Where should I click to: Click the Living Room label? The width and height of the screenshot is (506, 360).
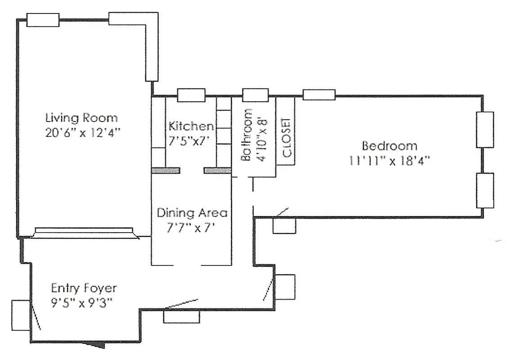(81, 118)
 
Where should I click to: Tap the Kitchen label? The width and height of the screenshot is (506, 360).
(191, 126)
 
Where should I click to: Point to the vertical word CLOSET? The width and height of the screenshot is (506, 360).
(287, 138)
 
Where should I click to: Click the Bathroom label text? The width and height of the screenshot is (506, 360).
(246, 135)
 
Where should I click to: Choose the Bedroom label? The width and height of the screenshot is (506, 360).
(390, 146)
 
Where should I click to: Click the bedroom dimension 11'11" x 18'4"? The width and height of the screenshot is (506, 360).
(390, 161)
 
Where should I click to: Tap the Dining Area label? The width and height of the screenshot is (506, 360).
(192, 213)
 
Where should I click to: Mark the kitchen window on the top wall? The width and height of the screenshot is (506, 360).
(191, 95)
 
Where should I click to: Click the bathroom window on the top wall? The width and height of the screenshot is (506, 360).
(255, 95)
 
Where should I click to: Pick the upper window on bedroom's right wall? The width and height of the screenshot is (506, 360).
(485, 130)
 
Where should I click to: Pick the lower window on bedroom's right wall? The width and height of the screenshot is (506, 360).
(485, 190)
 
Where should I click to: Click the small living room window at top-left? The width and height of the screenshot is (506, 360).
(43, 20)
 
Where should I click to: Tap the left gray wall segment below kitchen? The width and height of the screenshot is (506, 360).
(166, 171)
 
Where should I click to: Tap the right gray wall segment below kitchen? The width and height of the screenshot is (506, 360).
(218, 171)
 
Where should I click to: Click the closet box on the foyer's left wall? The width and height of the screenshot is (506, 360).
(21, 315)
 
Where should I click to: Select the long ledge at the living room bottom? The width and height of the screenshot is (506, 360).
(84, 232)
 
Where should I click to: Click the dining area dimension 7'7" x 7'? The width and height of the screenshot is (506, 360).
(189, 227)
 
